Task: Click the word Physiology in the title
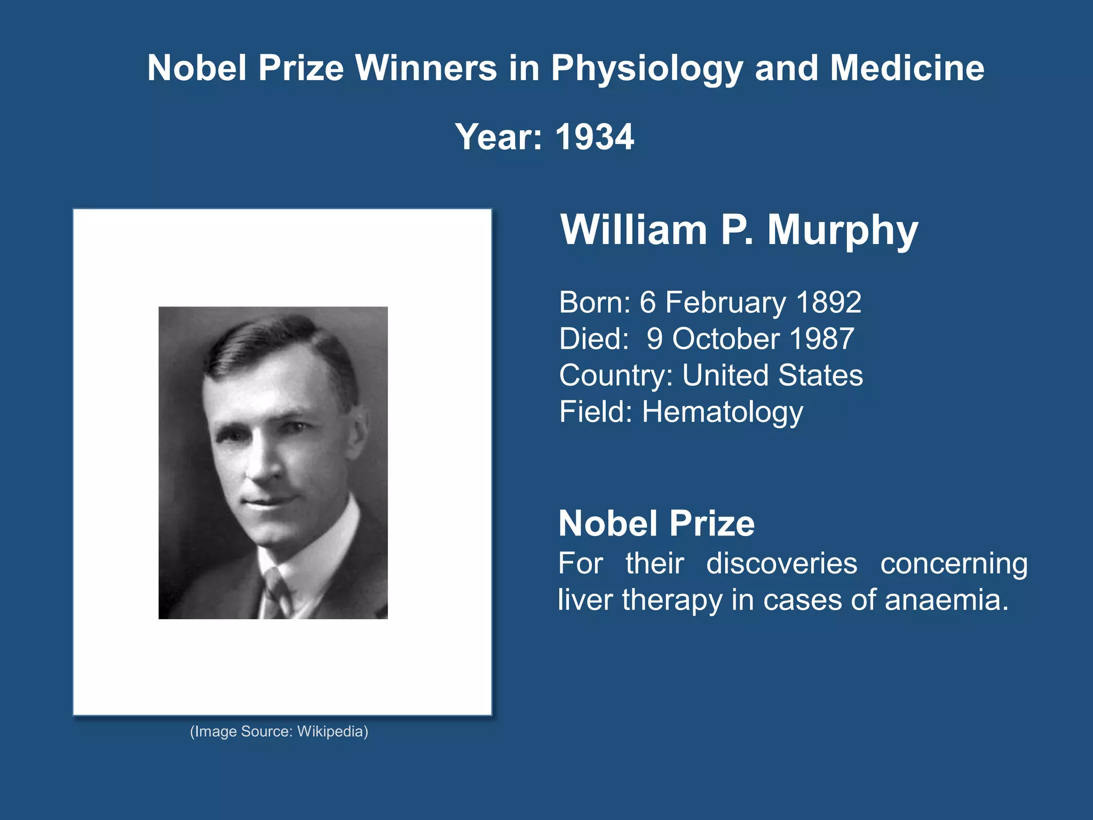pyautogui.click(x=647, y=69)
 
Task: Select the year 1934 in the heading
pyautogui.click(x=595, y=137)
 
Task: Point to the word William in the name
pyautogui.click(x=633, y=230)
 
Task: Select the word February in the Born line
pyautogui.click(x=726, y=303)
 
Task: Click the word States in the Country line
pyautogui.click(x=820, y=375)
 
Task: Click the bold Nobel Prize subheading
pyautogui.click(x=656, y=523)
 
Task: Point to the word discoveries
pyautogui.click(x=782, y=564)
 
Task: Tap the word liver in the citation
pyautogui.click(x=584, y=600)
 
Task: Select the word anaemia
pyautogui.click(x=946, y=600)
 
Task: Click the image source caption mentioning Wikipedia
pyautogui.click(x=279, y=731)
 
